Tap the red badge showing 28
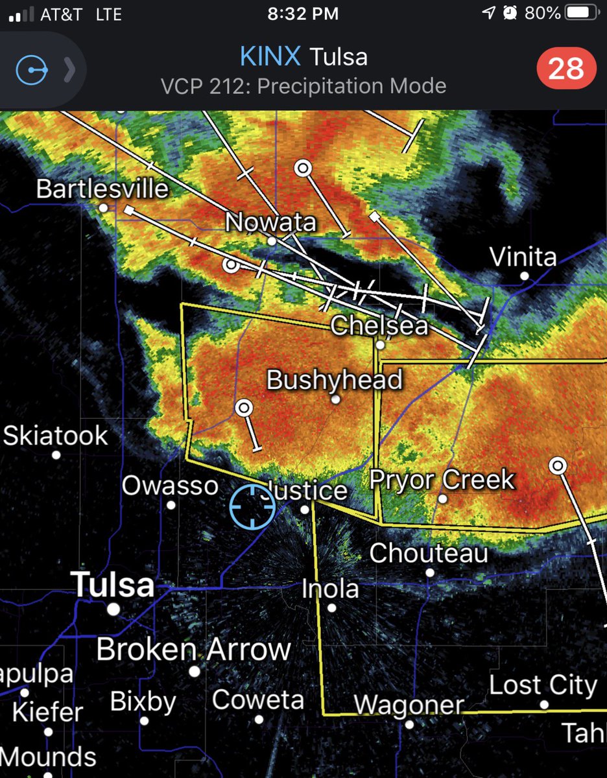tap(566, 69)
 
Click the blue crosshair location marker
tap(252, 507)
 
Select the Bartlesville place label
tap(102, 189)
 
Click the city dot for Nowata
tap(272, 241)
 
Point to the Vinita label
tap(523, 257)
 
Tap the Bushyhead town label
tap(335, 380)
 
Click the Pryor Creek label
tap(442, 480)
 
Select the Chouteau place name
tap(429, 553)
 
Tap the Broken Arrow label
tap(194, 649)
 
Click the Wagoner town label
tap(409, 705)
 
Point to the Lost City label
tap(543, 685)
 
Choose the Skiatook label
tap(56, 435)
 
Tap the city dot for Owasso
tap(171, 504)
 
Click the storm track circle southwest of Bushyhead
tap(244, 408)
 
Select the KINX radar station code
tap(270, 57)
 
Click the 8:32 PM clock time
tap(303, 13)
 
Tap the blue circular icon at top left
tap(32, 70)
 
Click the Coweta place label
tap(258, 700)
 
